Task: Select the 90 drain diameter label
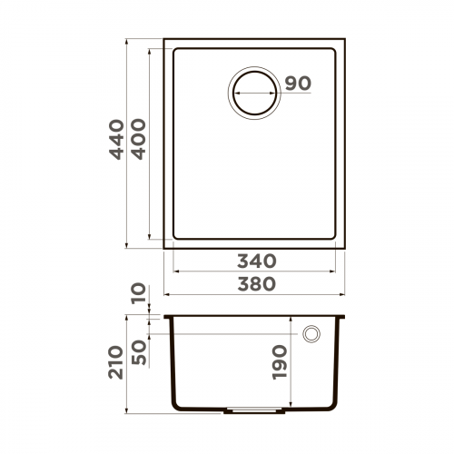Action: coord(297,84)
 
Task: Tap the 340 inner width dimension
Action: coord(254,261)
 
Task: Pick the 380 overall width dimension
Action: coord(254,284)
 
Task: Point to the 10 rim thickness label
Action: coord(139,293)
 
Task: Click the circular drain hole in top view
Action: coord(254,92)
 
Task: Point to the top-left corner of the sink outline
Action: coord(164,39)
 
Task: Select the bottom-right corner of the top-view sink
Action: coord(345,247)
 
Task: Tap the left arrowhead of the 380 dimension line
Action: coord(166,295)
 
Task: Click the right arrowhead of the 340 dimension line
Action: coord(335,271)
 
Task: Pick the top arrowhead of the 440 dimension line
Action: coord(126,42)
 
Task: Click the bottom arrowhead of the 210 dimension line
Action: coord(126,408)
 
